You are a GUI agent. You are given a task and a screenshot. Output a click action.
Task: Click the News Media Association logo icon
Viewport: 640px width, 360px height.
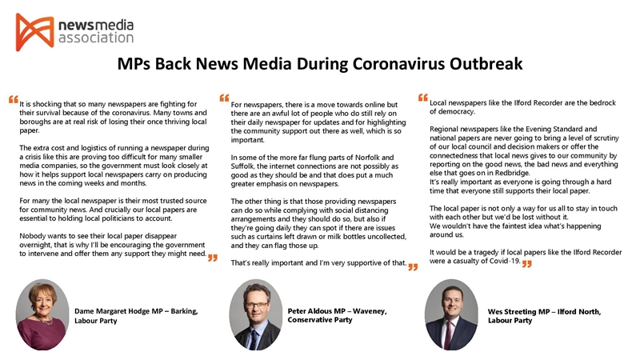[34, 31]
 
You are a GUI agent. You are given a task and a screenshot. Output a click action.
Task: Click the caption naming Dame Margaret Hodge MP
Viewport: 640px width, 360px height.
[135, 315]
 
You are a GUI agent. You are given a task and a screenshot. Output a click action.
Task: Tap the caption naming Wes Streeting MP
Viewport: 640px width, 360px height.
[544, 315]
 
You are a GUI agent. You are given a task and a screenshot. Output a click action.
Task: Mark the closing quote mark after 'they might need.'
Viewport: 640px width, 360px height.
[212, 258]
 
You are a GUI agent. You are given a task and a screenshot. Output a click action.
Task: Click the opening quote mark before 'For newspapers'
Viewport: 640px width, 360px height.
[224, 99]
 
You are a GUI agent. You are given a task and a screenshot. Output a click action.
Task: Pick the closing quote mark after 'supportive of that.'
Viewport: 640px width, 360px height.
[413, 267]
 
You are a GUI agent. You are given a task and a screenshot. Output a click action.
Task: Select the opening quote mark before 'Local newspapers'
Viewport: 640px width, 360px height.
[423, 98]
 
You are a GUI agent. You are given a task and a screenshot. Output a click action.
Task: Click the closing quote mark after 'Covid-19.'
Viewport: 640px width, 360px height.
[527, 264]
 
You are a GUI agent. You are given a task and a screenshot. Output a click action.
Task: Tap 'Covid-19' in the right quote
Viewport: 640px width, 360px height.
[502, 261]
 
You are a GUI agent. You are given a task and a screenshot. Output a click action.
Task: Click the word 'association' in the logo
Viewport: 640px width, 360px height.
[96, 38]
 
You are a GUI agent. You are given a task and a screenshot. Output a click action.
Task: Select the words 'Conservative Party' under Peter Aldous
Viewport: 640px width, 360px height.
[320, 320]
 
